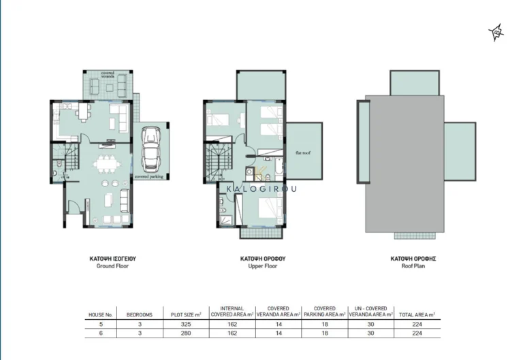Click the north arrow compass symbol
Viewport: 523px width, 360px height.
[x=497, y=31]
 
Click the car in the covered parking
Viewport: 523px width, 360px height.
[x=150, y=149]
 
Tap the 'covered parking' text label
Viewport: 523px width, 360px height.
[x=150, y=176]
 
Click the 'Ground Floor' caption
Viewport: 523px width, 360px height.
[x=112, y=266]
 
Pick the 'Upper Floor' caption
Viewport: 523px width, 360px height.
[x=262, y=266]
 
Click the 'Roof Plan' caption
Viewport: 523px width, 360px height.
[x=413, y=266]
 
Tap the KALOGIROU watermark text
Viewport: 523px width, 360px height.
[x=261, y=190]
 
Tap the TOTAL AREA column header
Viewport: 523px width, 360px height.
[x=417, y=315]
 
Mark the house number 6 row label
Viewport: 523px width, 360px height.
[x=99, y=333]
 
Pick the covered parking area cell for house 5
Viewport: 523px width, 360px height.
[x=324, y=325]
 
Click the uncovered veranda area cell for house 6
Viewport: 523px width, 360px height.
[x=371, y=333]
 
